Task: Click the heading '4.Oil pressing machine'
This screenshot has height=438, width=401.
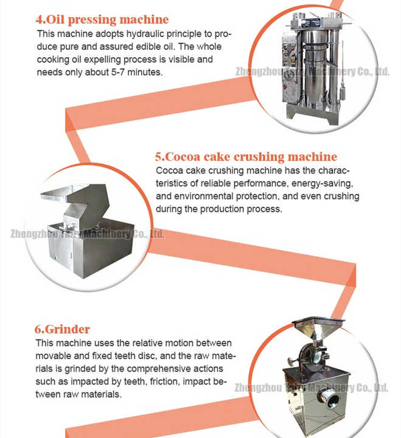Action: pyautogui.click(x=102, y=19)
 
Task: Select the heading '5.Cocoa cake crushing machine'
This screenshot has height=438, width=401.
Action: pyautogui.click(x=246, y=157)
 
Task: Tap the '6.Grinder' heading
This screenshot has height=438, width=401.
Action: pyautogui.click(x=62, y=329)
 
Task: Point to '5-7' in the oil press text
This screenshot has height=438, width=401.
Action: pyautogui.click(x=118, y=72)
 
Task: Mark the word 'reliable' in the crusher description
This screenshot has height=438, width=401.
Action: pyautogui.click(x=216, y=184)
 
